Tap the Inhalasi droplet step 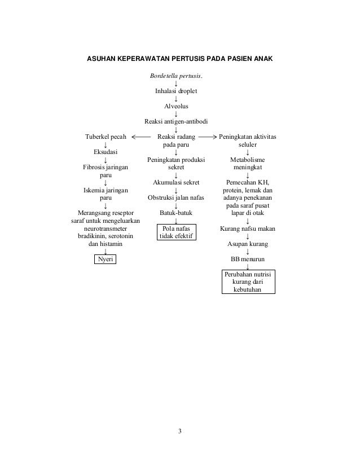[x=176, y=91]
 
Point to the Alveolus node [x=176, y=106]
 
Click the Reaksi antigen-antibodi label [x=176, y=121]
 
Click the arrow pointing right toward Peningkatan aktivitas [x=208, y=137]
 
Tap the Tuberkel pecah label [x=106, y=137]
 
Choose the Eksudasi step [x=106, y=152]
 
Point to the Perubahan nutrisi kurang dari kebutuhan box [x=247, y=282]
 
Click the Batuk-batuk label [x=176, y=213]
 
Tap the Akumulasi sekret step [x=176, y=182]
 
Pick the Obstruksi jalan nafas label [x=176, y=197]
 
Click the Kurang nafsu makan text [x=247, y=228]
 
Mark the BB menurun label [x=247, y=259]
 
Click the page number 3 [x=179, y=432]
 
